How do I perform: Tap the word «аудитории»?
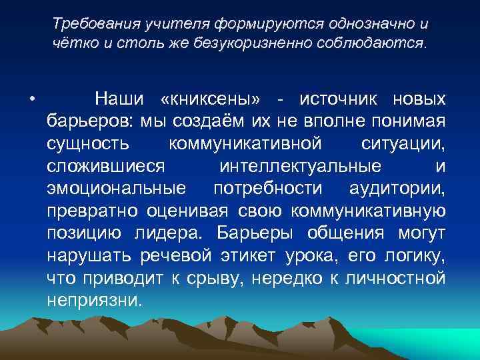pos(397,188)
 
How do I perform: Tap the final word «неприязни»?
pos(95,299)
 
